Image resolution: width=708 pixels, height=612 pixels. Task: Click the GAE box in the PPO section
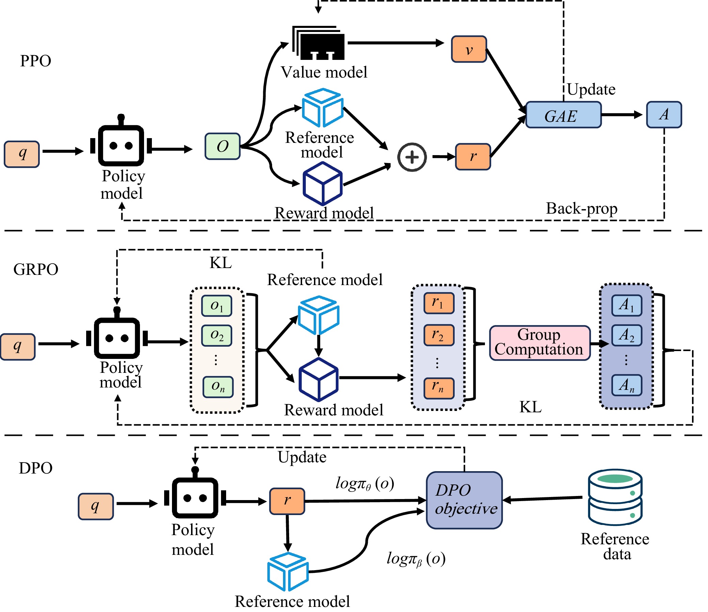[x=563, y=115]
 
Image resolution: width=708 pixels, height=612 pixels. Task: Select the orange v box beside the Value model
[x=469, y=49]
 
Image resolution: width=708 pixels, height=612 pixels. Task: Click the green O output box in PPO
[x=223, y=147]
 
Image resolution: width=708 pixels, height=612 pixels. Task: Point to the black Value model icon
[x=319, y=43]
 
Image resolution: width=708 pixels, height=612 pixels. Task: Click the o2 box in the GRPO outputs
[x=217, y=336]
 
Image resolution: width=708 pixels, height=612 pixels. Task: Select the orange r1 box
[x=439, y=303]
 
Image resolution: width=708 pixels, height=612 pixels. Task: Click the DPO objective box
[x=464, y=500]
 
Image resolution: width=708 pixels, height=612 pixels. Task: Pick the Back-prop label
[x=582, y=209]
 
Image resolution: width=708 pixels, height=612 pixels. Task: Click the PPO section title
[x=35, y=61]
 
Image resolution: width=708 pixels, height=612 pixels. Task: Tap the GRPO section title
[x=36, y=269]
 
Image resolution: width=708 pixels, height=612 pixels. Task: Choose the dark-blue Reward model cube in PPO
[x=322, y=184]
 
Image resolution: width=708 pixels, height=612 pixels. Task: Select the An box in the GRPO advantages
[x=626, y=385]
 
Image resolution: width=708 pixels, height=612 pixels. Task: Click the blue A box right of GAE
[x=664, y=115]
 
